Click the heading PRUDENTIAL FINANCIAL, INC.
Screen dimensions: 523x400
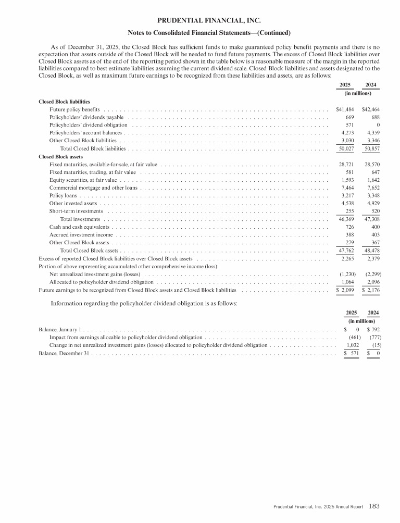[199, 21]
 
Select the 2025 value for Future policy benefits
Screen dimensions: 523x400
[341, 110]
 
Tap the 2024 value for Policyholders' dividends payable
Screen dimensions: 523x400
[371, 118]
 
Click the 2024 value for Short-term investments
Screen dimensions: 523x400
[372, 211]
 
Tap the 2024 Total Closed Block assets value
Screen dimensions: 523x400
[370, 251]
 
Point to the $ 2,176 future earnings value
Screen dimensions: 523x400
[370, 290]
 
